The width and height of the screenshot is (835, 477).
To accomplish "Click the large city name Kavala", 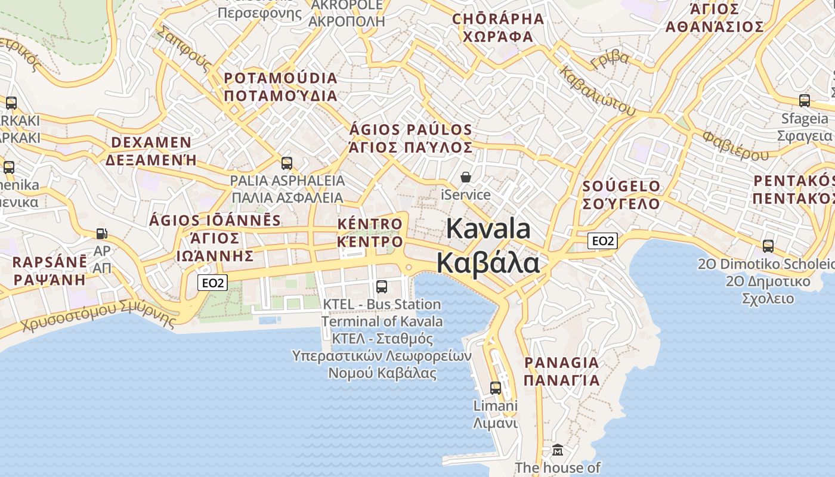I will tap(488, 230).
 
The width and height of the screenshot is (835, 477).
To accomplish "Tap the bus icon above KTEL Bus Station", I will tap(382, 287).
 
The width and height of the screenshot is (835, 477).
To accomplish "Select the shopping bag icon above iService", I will tap(465, 177).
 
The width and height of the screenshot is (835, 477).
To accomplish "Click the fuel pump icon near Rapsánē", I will tap(102, 233).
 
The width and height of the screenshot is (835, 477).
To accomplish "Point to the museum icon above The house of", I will tap(557, 450).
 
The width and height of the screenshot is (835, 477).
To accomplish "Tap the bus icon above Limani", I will tap(495, 388).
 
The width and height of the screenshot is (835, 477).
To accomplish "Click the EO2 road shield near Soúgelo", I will tap(602, 241).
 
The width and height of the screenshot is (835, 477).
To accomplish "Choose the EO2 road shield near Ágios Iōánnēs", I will tap(213, 283).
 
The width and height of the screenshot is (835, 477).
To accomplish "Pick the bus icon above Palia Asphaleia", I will tap(287, 163).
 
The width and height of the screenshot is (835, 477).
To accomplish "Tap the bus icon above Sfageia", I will tap(805, 101).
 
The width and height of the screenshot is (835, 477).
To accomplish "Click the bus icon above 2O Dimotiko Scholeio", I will tap(768, 246).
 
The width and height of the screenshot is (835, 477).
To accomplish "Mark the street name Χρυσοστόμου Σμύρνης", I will tap(99, 316).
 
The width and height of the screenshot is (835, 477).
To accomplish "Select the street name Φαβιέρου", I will tap(735, 145).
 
